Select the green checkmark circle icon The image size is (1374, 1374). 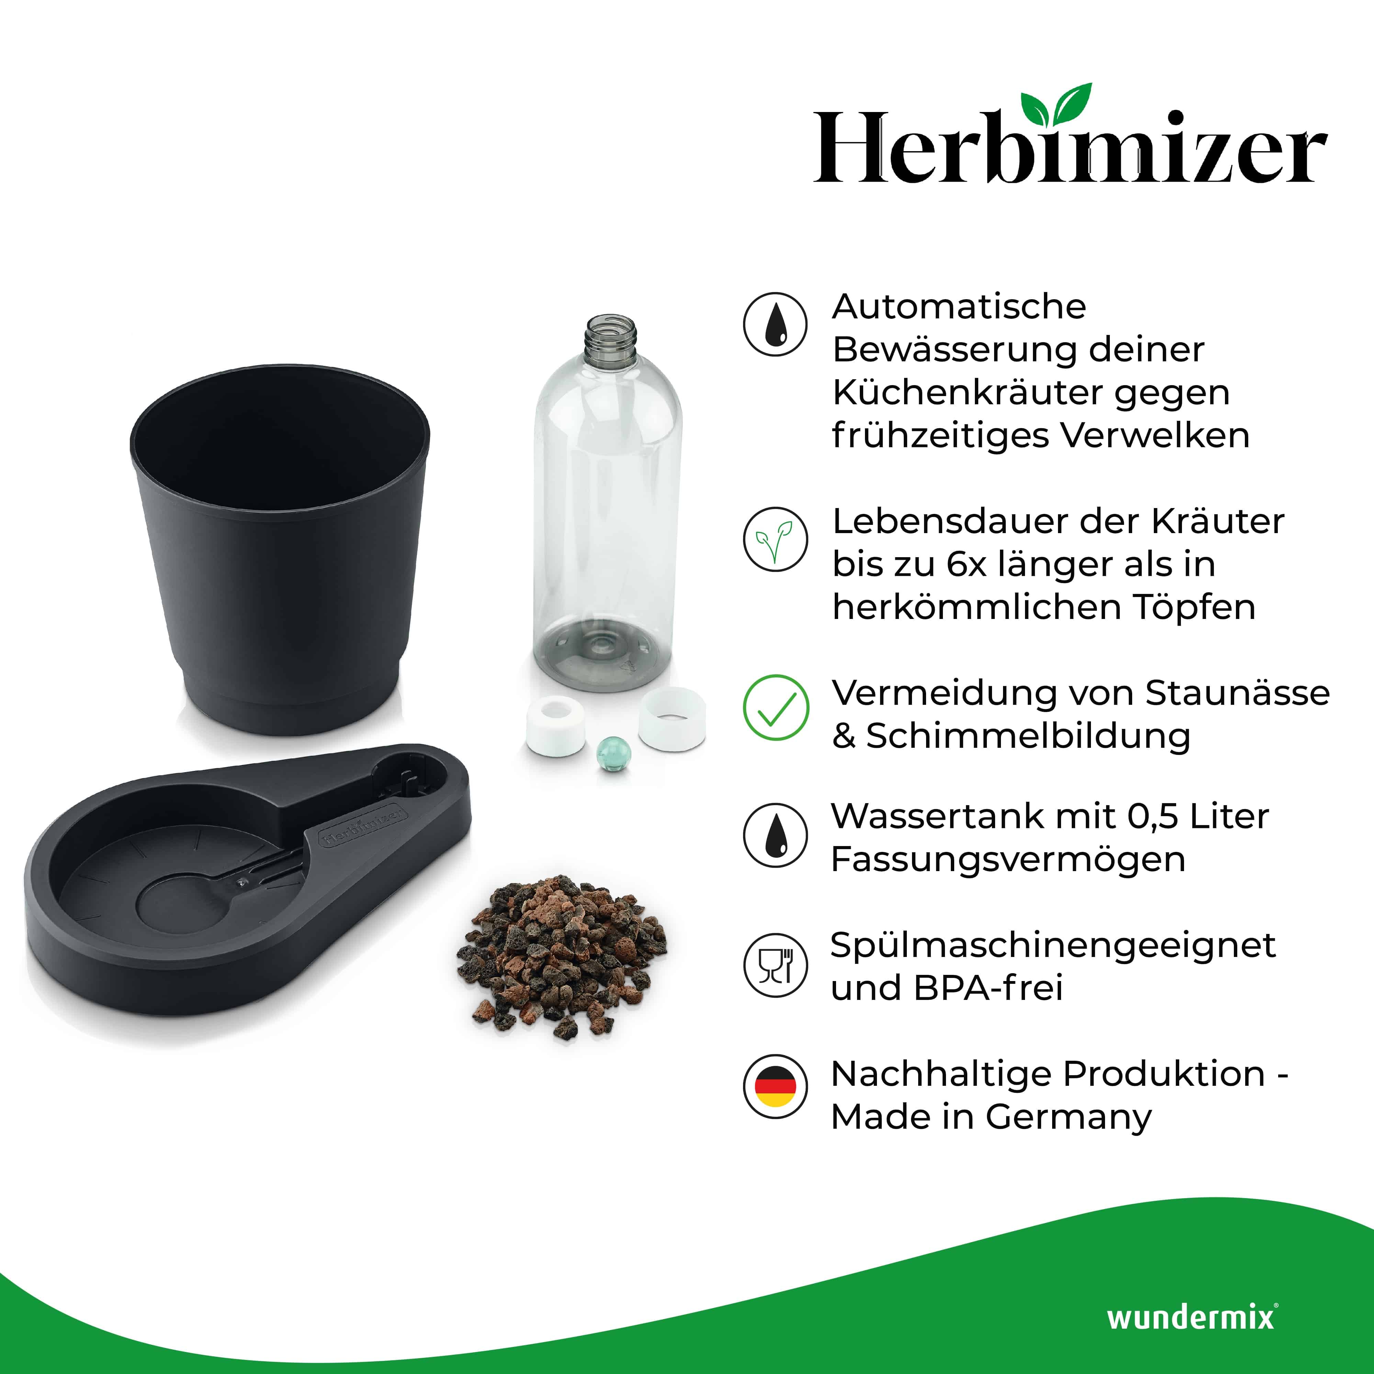775,708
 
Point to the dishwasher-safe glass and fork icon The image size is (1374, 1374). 775,965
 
